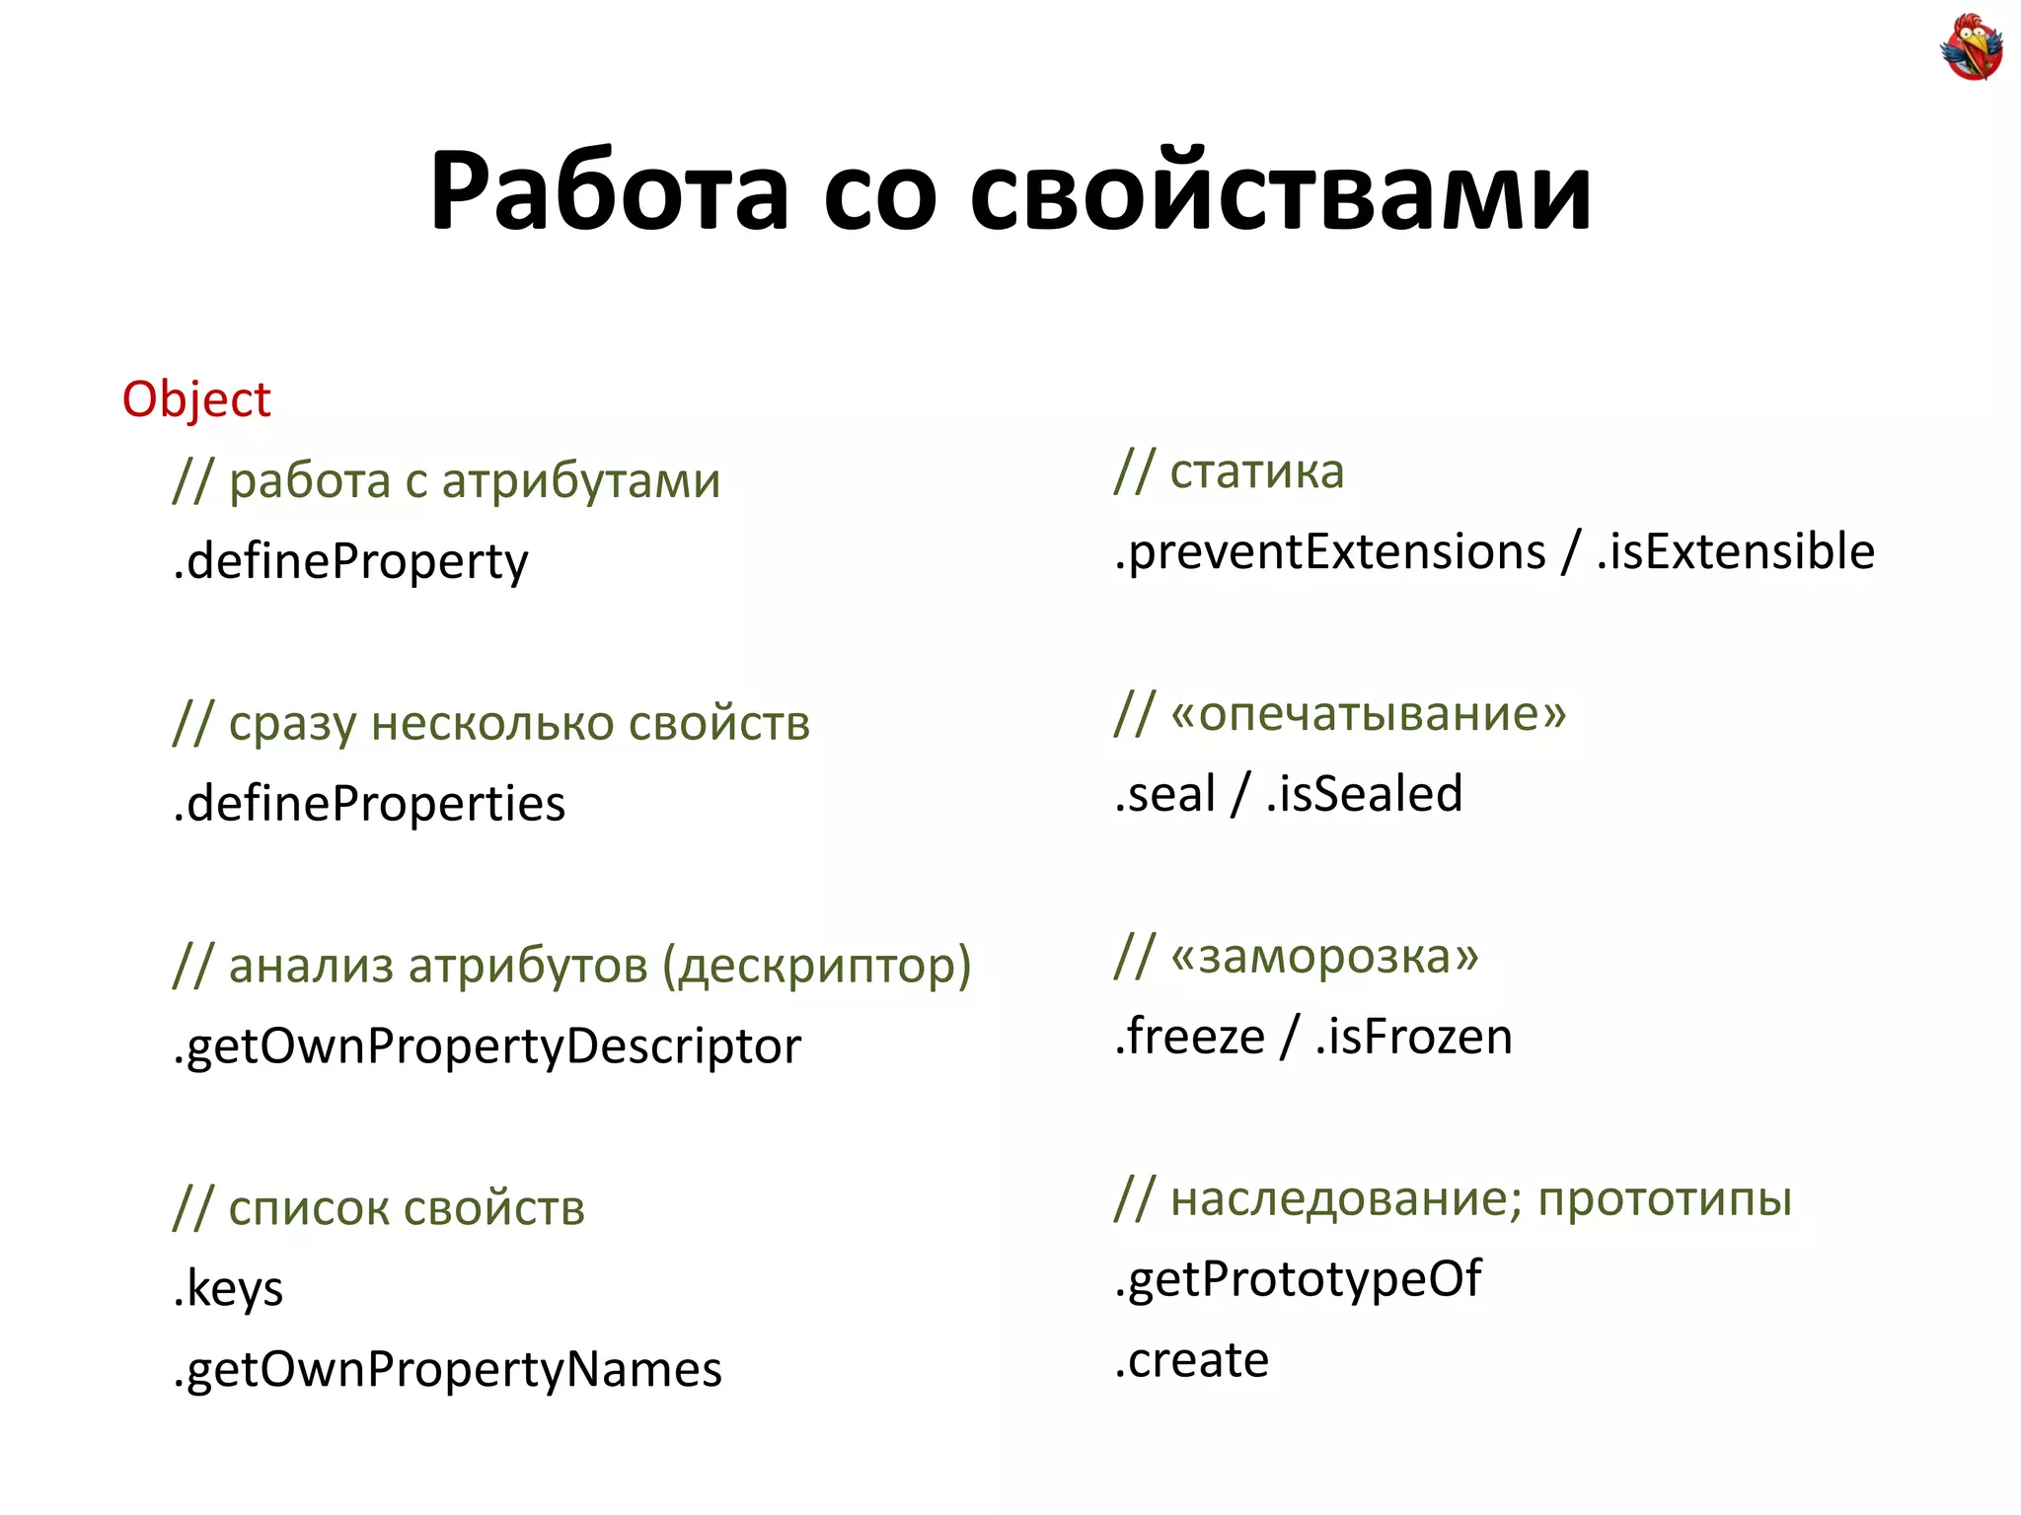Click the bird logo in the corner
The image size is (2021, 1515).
coord(1971,46)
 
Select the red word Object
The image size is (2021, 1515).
coord(196,399)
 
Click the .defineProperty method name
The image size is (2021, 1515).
coord(350,562)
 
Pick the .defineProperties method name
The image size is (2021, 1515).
coord(369,804)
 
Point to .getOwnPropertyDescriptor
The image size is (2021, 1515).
coord(487,1046)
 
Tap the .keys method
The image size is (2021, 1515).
coord(228,1289)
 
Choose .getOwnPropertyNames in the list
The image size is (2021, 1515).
coord(447,1370)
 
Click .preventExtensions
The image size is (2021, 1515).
coord(1329,552)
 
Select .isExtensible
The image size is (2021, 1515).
coord(1735,552)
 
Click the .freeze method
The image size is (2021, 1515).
coord(1189,1038)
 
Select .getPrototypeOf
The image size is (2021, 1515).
coord(1298,1280)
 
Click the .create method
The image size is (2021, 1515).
coord(1191,1361)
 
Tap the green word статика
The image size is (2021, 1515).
coord(1256,471)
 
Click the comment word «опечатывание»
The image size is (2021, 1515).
coord(1368,714)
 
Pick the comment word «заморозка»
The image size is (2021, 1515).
coord(1324,957)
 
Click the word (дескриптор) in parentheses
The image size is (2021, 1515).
coord(816,967)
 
